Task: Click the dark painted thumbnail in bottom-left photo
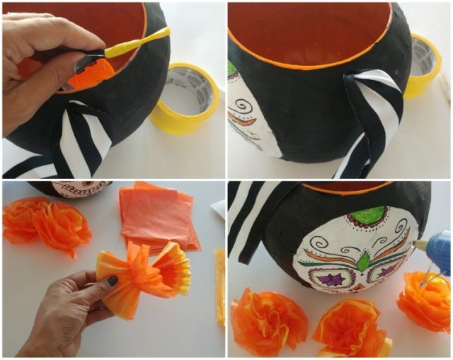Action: coord(113,281)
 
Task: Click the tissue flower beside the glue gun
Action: coord(424,300)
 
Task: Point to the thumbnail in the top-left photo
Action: coord(71,67)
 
